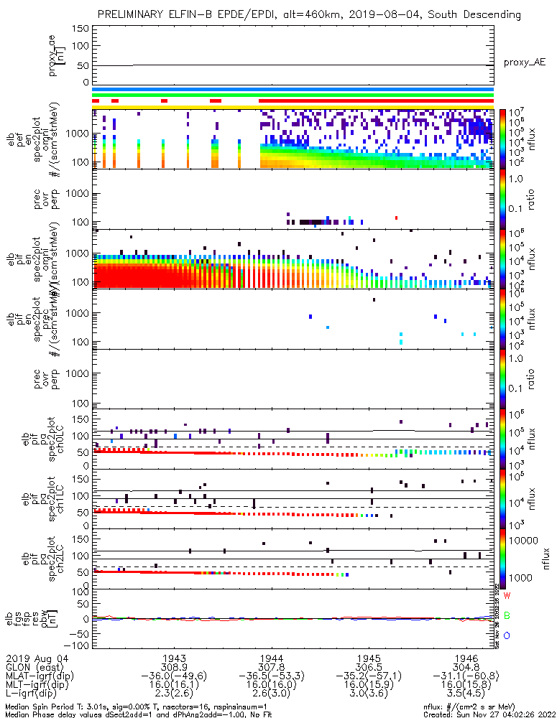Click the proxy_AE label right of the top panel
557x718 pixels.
[524, 62]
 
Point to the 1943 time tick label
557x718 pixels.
[175, 658]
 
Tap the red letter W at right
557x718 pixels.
[507, 596]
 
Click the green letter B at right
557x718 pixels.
[507, 616]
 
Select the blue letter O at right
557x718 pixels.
[507, 636]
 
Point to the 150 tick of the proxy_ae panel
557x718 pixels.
[81, 28]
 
